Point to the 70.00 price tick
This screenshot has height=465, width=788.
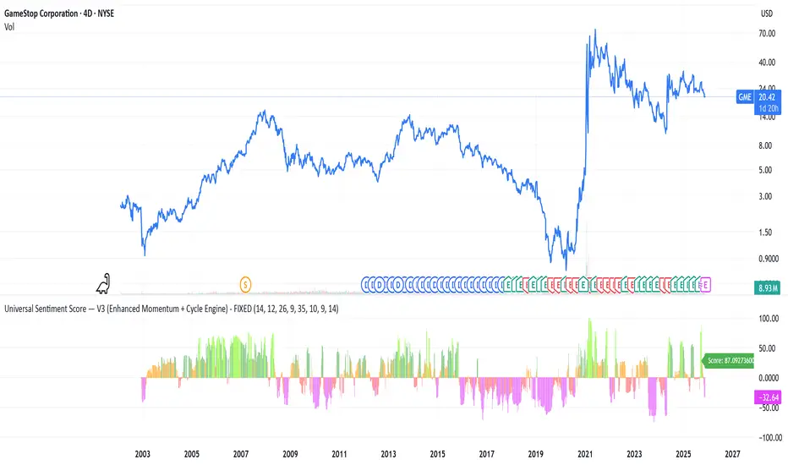(768, 34)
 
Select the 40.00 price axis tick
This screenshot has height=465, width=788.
(768, 62)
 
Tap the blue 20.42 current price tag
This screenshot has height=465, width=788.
(767, 97)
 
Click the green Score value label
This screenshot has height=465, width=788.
(732, 360)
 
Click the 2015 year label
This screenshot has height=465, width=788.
(436, 453)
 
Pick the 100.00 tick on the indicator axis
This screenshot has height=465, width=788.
(768, 319)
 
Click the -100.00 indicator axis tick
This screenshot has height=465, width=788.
(766, 437)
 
